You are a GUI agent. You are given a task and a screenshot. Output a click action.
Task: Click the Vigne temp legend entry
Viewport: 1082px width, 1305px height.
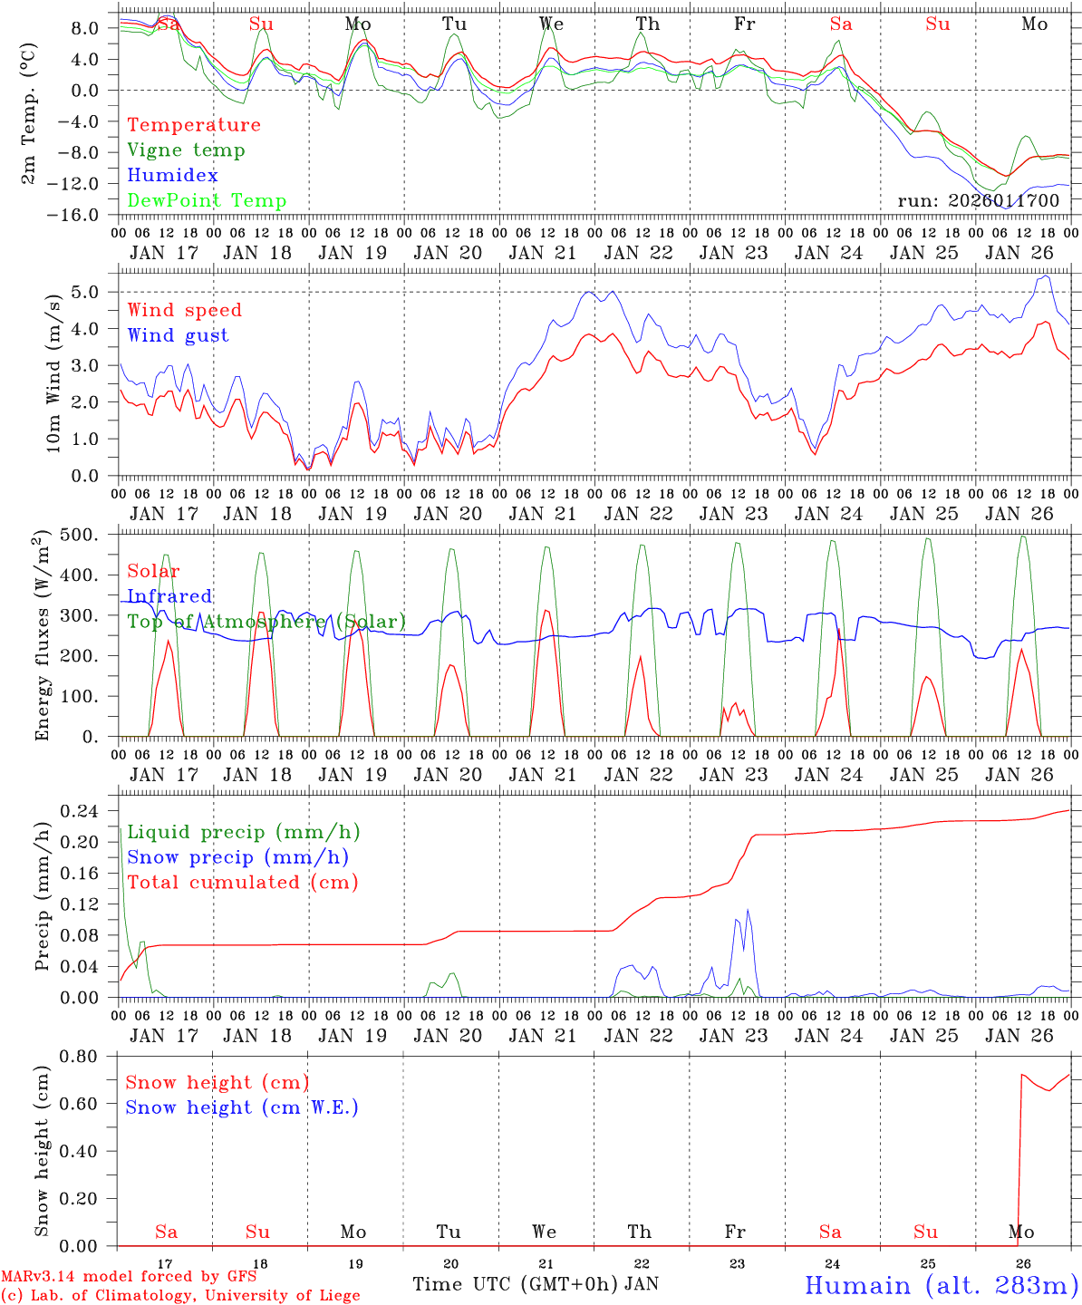click(186, 150)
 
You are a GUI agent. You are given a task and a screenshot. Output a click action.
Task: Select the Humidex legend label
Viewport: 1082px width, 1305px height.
click(172, 176)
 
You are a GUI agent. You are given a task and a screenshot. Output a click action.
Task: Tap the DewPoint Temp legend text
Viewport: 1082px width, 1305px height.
click(207, 201)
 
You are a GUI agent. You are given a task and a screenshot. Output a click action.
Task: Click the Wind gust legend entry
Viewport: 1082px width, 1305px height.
click(178, 335)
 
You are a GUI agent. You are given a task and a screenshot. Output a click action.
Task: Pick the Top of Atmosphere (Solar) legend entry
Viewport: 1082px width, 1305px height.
click(266, 622)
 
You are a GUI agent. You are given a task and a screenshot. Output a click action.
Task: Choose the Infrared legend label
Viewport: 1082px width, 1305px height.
click(169, 596)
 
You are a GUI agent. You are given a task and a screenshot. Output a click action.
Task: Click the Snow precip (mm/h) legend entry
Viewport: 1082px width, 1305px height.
click(237, 857)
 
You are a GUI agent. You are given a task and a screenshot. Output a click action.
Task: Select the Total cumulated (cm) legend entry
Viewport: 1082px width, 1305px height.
click(243, 883)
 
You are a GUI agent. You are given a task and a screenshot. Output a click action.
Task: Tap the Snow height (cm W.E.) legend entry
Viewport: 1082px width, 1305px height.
click(241, 1107)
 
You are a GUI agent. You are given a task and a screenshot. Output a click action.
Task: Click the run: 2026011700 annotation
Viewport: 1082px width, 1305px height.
click(978, 201)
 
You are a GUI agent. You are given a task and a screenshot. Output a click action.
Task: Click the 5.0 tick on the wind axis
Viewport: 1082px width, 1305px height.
click(90, 293)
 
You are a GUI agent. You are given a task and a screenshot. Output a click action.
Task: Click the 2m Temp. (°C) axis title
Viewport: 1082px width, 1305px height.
click(30, 113)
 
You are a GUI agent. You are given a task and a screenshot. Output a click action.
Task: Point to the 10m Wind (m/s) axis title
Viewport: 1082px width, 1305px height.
click(54, 372)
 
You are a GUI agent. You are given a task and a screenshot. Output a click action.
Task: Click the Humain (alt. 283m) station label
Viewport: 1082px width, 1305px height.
click(941, 1285)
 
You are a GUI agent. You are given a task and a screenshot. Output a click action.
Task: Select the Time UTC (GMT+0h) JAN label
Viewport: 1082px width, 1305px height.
click(536, 1284)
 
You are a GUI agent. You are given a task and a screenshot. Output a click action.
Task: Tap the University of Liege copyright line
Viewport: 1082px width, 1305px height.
click(180, 1296)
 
